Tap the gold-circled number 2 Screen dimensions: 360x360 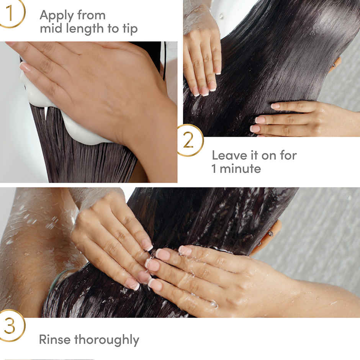coord(188,141)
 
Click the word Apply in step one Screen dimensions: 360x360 coord(56,16)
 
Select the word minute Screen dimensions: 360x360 coord(242,169)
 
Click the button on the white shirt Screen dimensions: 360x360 coord(221,16)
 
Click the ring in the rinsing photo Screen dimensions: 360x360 coord(270,233)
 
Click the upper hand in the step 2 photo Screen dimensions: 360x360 coord(202,57)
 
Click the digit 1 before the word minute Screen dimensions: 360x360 coord(214,169)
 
